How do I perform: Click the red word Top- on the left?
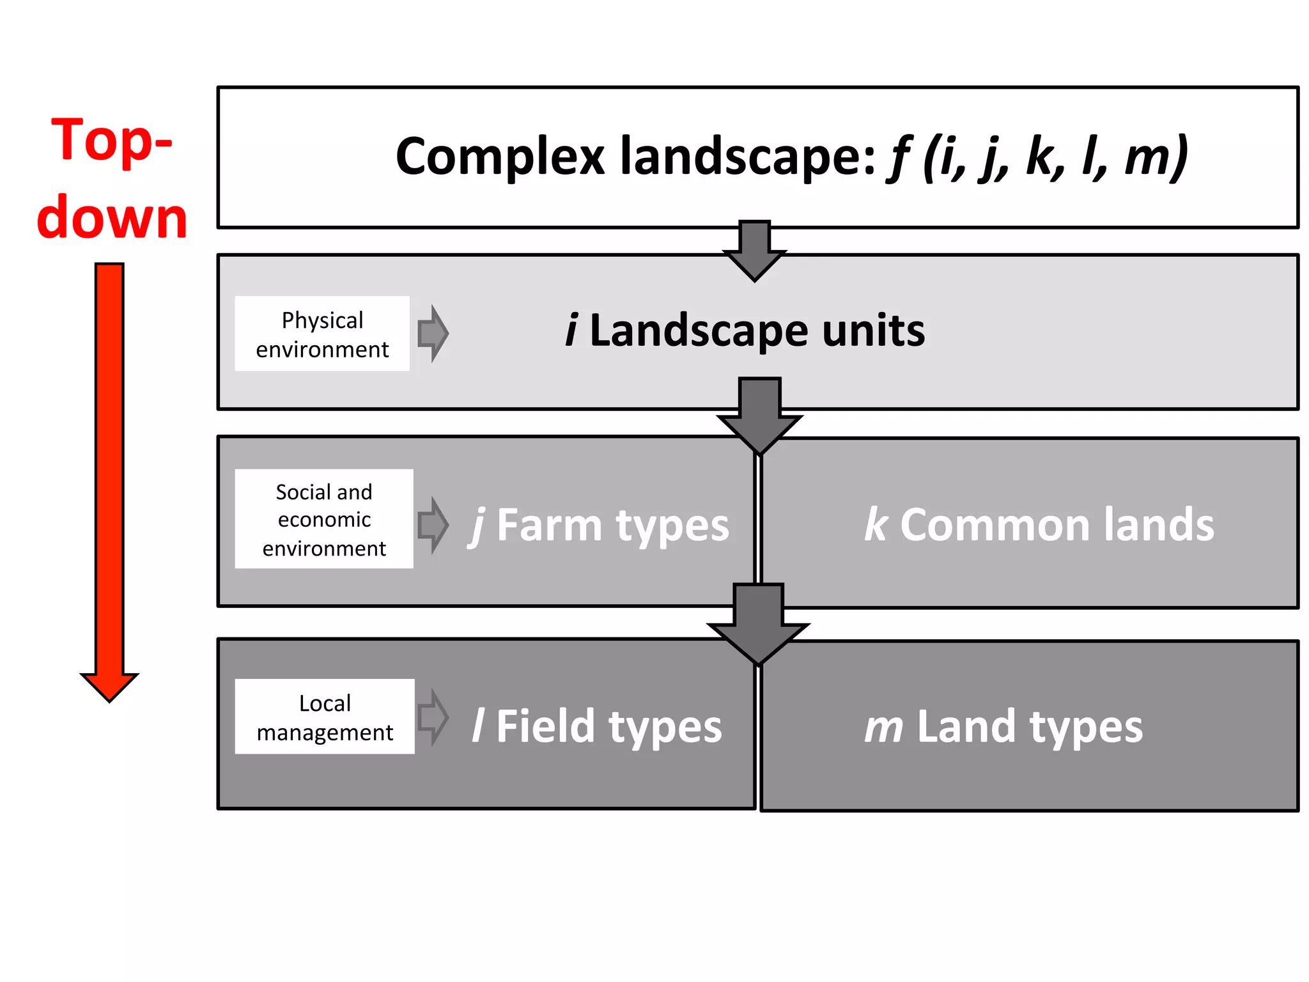pyautogui.click(x=112, y=141)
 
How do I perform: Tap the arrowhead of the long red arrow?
pyautogui.click(x=109, y=687)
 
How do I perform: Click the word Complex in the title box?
pyautogui.click(x=500, y=157)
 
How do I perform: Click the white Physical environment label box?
pyautogui.click(x=322, y=334)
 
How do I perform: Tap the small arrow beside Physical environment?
pyautogui.click(x=433, y=333)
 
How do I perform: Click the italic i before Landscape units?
pyautogui.click(x=571, y=331)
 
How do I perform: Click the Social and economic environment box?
pyautogui.click(x=324, y=519)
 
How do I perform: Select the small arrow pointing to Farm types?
pyautogui.click(x=433, y=524)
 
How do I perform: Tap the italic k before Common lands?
pyautogui.click(x=876, y=524)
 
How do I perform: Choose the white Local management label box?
pyautogui.click(x=325, y=717)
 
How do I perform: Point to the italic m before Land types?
pyautogui.click(x=884, y=728)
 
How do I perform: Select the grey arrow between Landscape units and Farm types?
pyautogui.click(x=759, y=416)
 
